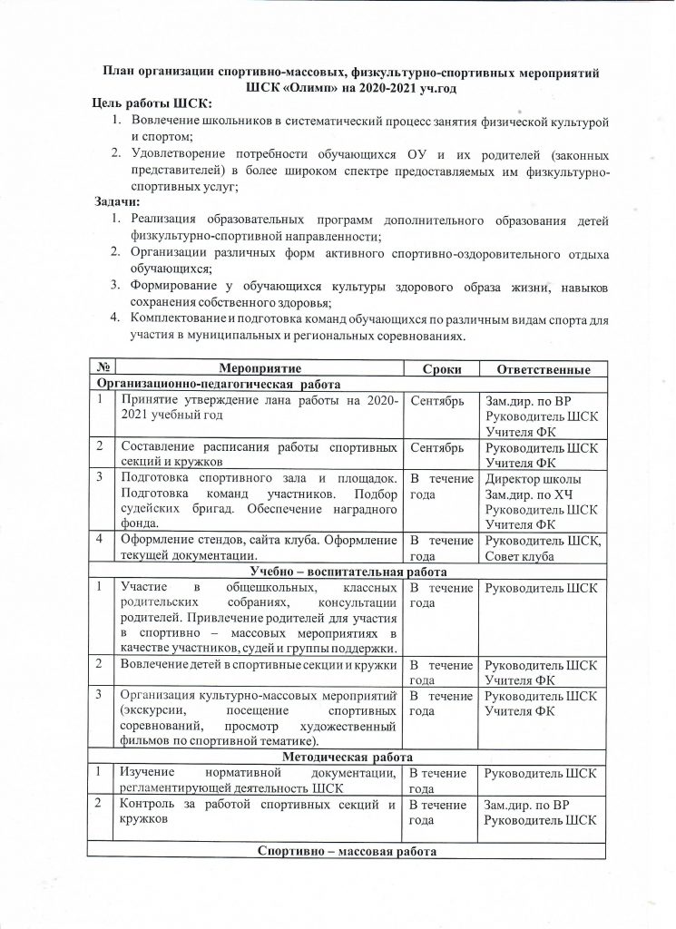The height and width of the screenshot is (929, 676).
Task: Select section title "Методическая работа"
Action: point(348,757)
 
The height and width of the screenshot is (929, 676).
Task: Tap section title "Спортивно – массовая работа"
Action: point(348,852)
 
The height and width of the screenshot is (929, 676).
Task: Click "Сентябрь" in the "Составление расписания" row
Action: point(438,447)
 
